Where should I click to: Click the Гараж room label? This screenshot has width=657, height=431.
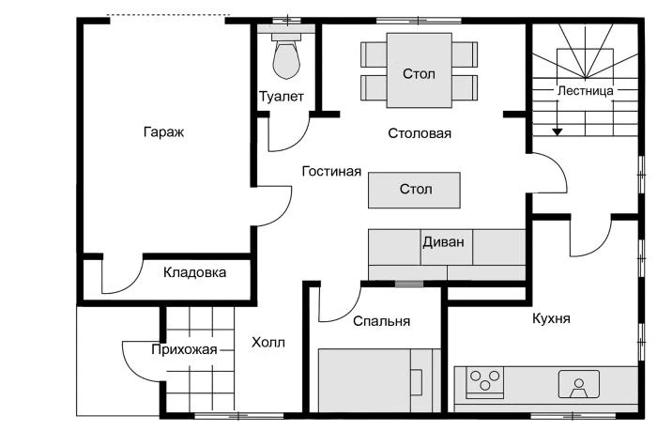point(163,132)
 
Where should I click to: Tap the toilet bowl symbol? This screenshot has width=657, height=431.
point(285,58)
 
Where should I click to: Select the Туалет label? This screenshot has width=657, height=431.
point(281,97)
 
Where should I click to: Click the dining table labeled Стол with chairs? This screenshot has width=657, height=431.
point(419,72)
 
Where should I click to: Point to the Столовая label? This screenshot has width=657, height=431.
point(420,133)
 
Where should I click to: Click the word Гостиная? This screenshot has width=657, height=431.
point(331,172)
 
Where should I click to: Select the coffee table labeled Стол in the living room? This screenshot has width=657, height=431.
point(415,190)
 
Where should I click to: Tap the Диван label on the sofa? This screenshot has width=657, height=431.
point(443,240)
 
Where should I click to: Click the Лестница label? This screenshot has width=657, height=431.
point(585,91)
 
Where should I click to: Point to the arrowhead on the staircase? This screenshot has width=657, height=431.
point(558,131)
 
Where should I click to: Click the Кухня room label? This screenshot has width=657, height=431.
point(551,319)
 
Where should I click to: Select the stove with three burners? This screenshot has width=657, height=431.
point(484,381)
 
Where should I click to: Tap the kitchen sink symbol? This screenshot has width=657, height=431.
point(579,383)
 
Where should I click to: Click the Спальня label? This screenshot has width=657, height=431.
point(382,321)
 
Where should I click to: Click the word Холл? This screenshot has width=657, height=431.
point(268,343)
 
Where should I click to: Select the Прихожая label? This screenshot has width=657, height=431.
point(184,349)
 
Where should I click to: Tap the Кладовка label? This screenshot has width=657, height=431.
point(194,273)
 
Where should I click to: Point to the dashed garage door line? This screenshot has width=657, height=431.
point(167,15)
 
